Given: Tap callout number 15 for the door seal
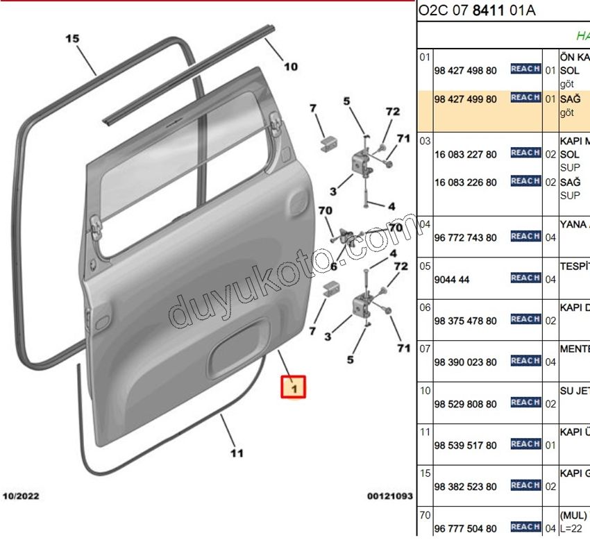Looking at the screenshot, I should coord(73,39).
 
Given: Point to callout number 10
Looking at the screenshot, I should coord(291,67).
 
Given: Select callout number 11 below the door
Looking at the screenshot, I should coord(237,453).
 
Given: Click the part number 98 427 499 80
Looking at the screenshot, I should coord(465,99).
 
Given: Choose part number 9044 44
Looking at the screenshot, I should coord(452,280).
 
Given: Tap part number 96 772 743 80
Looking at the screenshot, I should coord(465,237).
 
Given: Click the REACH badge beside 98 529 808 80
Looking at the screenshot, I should coord(525,403).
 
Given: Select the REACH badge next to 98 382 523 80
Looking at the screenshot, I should coord(525,485).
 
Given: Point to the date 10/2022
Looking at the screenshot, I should coord(22,496).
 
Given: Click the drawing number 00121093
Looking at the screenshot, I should coord(390,496).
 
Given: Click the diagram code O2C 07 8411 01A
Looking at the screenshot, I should coord(477,10).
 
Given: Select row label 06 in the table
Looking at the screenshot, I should coord(425,307).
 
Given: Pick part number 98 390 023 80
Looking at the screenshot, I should coord(465,362).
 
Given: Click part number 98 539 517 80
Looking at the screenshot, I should coord(465,445).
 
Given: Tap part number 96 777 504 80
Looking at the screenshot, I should coord(465,528).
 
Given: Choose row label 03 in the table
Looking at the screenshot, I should coord(425,141).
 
